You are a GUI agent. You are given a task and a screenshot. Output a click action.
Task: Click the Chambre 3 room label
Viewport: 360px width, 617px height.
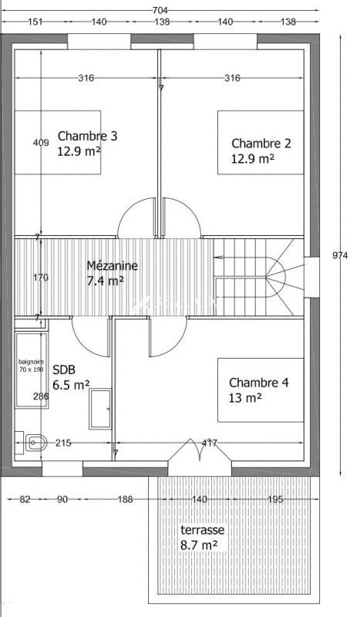pyautogui.click(x=87, y=137)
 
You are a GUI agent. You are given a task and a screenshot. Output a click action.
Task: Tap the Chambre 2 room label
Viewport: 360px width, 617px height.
pyautogui.click(x=261, y=143)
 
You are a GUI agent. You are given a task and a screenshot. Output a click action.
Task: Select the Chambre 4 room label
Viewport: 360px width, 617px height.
pyautogui.click(x=258, y=383)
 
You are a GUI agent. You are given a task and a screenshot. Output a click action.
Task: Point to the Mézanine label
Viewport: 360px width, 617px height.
pyautogui.click(x=112, y=265)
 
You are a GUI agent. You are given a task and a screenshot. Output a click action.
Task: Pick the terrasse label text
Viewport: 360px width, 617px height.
pyautogui.click(x=202, y=531)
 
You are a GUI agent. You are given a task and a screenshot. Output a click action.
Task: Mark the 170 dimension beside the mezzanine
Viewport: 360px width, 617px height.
pyautogui.click(x=40, y=278)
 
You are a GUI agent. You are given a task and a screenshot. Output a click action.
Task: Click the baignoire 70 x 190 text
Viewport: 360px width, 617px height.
pyautogui.click(x=32, y=366)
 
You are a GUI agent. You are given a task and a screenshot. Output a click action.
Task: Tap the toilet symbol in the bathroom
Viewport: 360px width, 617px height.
pyautogui.click(x=33, y=442)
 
